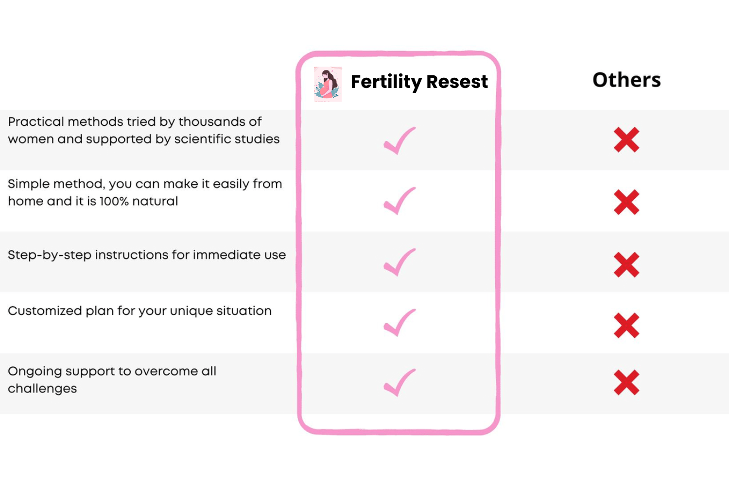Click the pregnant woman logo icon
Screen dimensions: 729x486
tap(328, 84)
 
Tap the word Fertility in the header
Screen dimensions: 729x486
tap(386, 82)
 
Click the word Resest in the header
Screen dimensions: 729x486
tap(457, 81)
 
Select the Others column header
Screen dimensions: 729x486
tap(626, 80)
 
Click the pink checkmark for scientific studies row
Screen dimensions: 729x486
tap(399, 140)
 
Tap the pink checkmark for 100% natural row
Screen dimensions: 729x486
tap(399, 201)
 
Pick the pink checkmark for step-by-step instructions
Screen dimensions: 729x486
tap(399, 262)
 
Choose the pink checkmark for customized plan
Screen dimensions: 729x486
tap(399, 323)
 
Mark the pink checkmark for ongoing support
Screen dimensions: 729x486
tap(399, 383)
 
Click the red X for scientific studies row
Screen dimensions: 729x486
tap(626, 140)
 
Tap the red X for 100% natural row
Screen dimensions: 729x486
tap(626, 202)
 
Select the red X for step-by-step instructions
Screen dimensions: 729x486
tap(626, 265)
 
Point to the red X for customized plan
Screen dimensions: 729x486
tap(626, 326)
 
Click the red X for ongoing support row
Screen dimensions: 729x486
tap(626, 382)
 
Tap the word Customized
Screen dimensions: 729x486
tap(45, 311)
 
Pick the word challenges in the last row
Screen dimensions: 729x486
tap(42, 389)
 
